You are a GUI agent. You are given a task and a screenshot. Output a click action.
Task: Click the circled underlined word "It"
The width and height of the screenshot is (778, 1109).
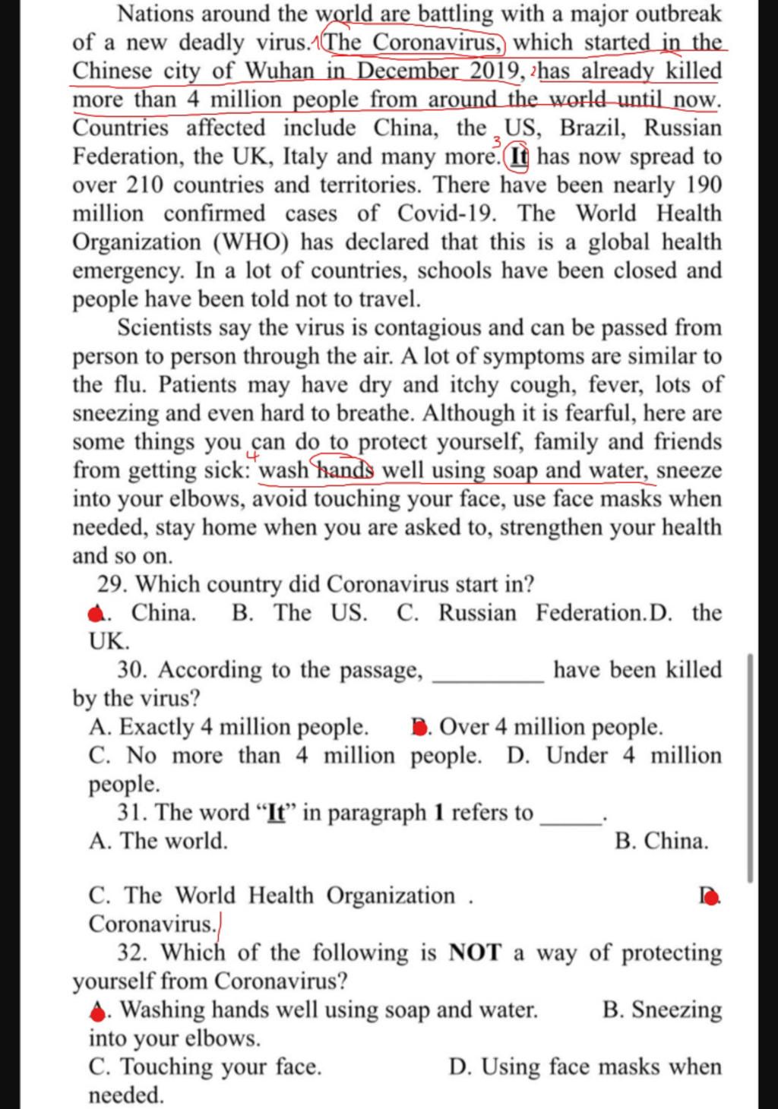[519, 157]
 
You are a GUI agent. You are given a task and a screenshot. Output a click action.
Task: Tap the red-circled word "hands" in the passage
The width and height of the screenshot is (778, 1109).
[345, 470]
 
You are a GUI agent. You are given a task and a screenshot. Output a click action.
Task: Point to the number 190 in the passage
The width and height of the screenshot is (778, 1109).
[704, 185]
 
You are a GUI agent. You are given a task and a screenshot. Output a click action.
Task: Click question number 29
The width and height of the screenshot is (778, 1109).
[112, 585]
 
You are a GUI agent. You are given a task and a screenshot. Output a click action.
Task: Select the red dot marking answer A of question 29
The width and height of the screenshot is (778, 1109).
[96, 615]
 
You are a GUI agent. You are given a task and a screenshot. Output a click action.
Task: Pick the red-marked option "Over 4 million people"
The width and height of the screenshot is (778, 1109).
[536, 728]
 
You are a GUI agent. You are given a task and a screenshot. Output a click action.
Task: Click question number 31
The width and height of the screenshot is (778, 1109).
[132, 813]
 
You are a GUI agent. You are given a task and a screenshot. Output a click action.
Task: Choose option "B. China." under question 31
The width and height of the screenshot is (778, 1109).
[661, 842]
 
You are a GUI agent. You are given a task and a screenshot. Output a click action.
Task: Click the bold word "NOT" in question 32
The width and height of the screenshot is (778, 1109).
[476, 953]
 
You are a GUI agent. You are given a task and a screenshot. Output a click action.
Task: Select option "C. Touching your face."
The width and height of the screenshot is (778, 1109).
[205, 1067]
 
